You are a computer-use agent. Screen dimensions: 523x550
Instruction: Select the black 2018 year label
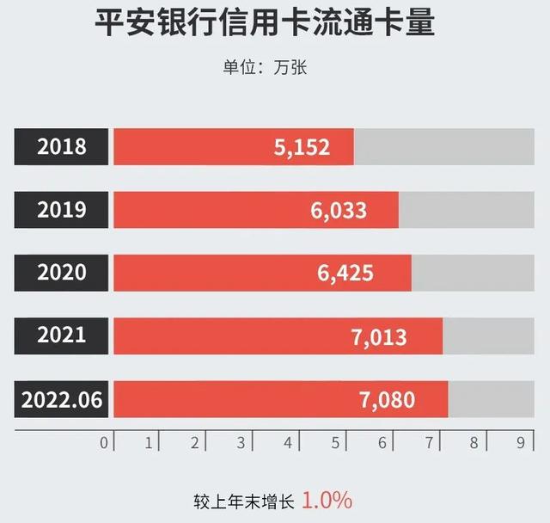tap(62, 146)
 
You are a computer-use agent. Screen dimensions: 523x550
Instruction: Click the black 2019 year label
tap(62, 209)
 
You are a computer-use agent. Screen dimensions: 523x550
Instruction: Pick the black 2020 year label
tap(62, 273)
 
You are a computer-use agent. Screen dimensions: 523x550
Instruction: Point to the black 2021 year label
tap(62, 335)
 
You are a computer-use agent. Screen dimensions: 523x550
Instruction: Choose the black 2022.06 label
tap(62, 399)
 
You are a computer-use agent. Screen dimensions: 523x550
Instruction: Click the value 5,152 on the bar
tap(302, 147)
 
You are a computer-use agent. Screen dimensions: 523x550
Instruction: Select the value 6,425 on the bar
tap(345, 274)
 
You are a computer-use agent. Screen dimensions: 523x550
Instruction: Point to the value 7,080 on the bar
tap(387, 400)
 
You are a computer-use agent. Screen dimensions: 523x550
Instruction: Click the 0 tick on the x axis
tap(104, 442)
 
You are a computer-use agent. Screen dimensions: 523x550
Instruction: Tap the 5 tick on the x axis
tap(335, 442)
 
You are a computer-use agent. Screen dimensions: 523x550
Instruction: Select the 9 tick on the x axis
tap(521, 442)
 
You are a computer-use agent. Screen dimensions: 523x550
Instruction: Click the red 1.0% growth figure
tap(327, 500)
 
